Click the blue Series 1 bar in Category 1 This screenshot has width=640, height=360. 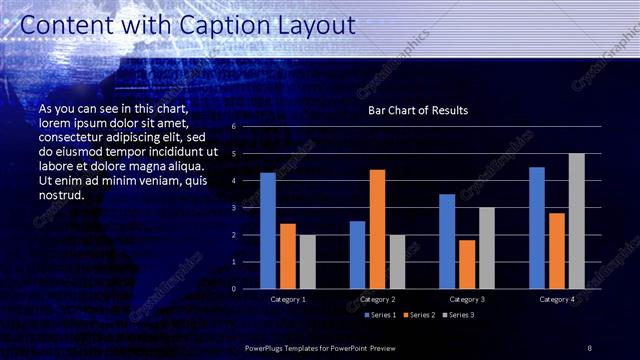coord(268,231)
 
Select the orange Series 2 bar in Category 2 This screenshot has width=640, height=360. coord(377,229)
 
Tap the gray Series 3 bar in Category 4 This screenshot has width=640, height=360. coord(576,221)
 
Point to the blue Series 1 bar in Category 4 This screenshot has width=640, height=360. coord(537,228)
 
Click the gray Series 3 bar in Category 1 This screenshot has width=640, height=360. coord(307,262)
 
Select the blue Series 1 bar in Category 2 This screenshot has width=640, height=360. coord(357,255)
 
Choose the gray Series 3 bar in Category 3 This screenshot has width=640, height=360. coord(486,248)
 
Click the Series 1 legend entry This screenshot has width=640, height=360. coord(380,315)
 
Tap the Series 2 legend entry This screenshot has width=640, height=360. coord(420,315)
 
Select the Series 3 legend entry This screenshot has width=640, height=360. coord(460,315)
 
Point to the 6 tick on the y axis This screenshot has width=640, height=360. coord(232,127)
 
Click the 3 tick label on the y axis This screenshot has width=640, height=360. coord(232,208)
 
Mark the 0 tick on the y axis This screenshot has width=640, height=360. coord(232,289)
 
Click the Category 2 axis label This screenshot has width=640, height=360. coord(377,299)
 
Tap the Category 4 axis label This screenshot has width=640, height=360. coord(557,299)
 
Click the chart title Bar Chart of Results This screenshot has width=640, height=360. coord(417,110)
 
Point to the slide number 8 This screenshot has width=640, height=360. coord(589,347)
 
